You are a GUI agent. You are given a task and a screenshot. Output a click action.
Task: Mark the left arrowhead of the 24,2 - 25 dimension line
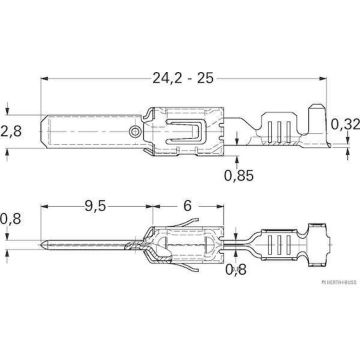point(43,85)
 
